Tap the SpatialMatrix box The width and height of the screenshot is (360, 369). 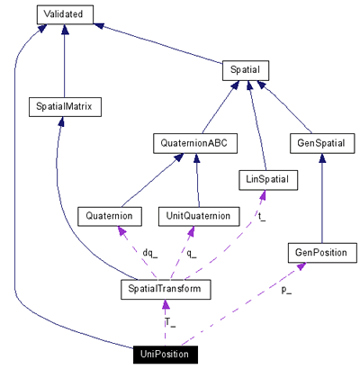[x=65, y=107]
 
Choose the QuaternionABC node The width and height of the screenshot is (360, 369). [x=194, y=143]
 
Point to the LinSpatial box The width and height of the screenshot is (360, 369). [x=266, y=180]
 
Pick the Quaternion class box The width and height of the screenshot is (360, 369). [x=112, y=216]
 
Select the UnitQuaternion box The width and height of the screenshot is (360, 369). [x=198, y=216]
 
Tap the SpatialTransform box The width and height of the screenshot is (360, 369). [x=166, y=289]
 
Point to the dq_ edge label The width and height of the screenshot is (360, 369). [x=149, y=253]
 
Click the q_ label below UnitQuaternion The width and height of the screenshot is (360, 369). [x=191, y=253]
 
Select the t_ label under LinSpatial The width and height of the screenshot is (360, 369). [x=262, y=216]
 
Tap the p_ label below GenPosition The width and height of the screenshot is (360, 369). [x=286, y=291]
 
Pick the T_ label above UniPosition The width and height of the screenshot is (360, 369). [x=169, y=321]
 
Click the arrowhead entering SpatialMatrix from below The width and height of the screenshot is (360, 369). [x=59, y=122]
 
